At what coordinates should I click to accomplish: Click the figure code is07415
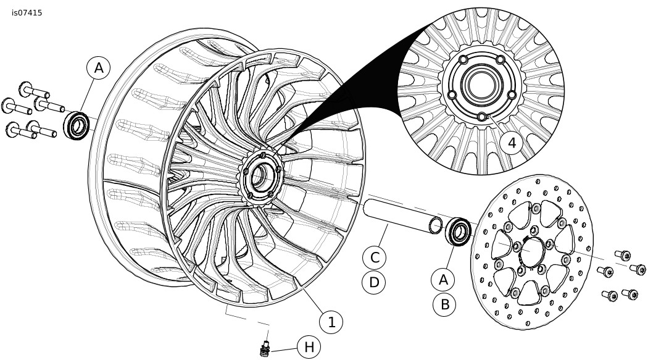coord(27,13)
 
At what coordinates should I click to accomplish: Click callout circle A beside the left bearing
coord(98,68)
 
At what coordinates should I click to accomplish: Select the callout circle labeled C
coord(374,257)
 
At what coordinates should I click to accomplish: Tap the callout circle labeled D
coord(373,282)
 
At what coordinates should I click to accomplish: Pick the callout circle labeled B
coord(445,304)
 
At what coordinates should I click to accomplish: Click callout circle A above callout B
coord(443,280)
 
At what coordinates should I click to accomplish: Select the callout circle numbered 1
coord(331,322)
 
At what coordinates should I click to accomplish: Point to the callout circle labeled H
coord(309,347)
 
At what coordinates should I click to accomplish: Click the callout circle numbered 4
coord(512,143)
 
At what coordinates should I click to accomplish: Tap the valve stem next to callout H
coord(265,349)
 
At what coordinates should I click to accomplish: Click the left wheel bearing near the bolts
coord(77,125)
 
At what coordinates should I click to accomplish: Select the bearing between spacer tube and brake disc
coord(458,232)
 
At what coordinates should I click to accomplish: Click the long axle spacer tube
coord(404,216)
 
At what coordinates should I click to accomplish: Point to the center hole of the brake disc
coord(531,252)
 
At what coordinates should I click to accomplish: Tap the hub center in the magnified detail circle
coord(481,85)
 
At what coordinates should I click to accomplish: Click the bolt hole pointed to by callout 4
coord(481,117)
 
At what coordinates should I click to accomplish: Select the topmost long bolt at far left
coord(34,90)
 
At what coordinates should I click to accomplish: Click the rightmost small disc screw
coord(638,269)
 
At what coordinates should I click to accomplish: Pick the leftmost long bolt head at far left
coord(8,105)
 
